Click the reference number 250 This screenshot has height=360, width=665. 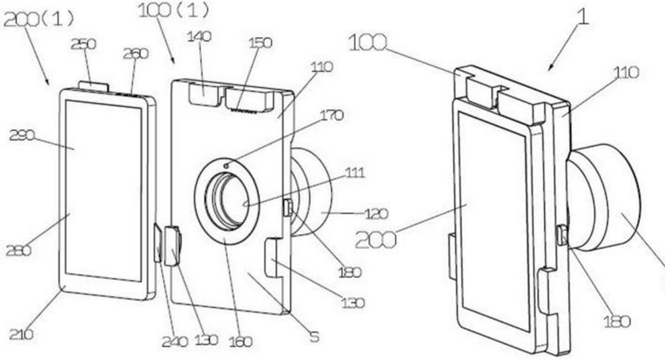pyautogui.click(x=84, y=44)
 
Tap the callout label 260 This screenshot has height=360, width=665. pyautogui.click(x=136, y=54)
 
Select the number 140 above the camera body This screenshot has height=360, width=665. pyautogui.click(x=199, y=37)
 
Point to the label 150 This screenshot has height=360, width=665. pyautogui.click(x=260, y=43)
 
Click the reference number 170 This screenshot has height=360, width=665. pyautogui.click(x=331, y=115)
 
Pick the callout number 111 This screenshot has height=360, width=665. pyautogui.click(x=355, y=173)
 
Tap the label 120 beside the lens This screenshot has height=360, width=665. pyautogui.click(x=376, y=214)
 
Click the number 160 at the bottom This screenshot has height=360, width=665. pyautogui.click(x=241, y=342)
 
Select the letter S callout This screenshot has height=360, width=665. pyautogui.click(x=314, y=337)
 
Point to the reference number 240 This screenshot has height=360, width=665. pyautogui.click(x=175, y=342)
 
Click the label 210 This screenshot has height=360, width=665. pyautogui.click(x=21, y=335)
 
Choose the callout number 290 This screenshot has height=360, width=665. pyautogui.click(x=22, y=136)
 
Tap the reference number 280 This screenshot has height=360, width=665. pyautogui.click(x=18, y=251)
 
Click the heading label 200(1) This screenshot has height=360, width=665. pyautogui.click(x=39, y=20)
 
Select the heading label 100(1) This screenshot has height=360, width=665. pyautogui.click(x=174, y=10)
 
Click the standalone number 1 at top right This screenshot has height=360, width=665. pyautogui.click(x=582, y=17)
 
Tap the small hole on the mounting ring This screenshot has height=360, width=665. pyautogui.click(x=227, y=166)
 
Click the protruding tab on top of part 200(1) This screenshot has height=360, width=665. pyautogui.click(x=94, y=88)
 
